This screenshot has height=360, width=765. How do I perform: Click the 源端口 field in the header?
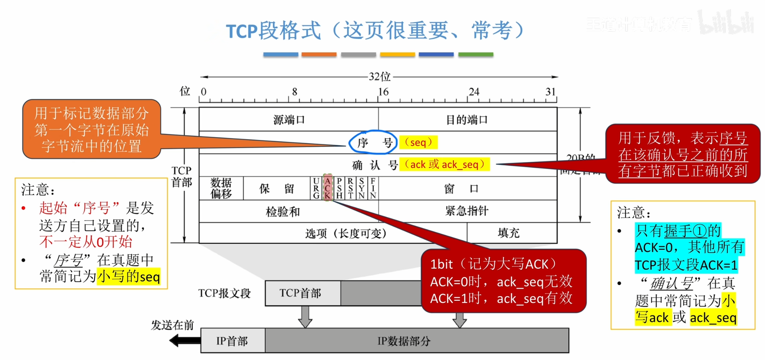pos(289,120)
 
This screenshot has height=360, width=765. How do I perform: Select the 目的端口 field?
pos(467,120)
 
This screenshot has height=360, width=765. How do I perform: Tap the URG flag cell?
pos(316,188)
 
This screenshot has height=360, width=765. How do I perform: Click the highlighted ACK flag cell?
pos(327,188)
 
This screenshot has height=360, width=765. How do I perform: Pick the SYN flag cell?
pos(362,188)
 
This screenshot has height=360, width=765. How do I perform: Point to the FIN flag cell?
pos(373,188)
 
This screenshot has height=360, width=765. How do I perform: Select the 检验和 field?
pos(283,211)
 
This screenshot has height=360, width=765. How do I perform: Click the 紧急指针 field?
pos(467,211)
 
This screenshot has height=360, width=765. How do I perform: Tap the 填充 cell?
pos(509,233)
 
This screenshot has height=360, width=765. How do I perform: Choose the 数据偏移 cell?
pos(221,188)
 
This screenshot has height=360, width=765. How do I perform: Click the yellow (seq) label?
pos(418,142)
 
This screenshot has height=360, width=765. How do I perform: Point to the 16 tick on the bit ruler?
pos(383,92)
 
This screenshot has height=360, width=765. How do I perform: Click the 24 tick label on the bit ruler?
pos(474,92)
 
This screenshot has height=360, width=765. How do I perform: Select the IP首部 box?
pos(232,341)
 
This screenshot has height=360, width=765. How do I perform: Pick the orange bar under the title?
pos(319,54)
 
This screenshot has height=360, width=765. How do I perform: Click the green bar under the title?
pos(475,54)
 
